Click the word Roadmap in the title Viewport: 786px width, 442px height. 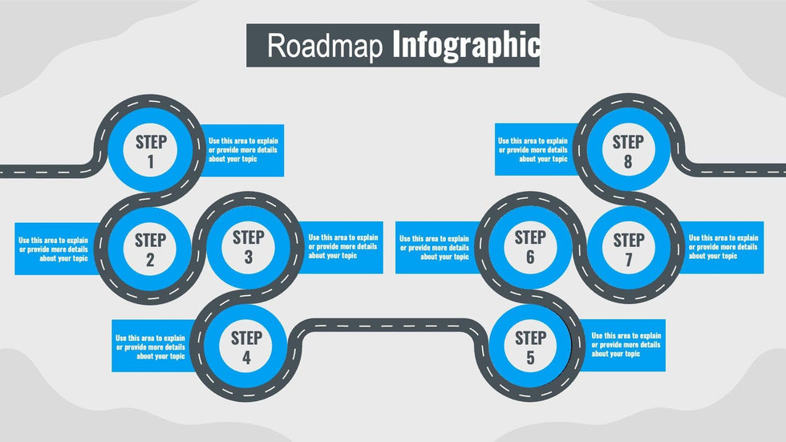coord(325,46)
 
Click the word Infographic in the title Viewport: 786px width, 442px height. coord(466,46)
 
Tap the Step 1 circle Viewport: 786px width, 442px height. coord(151,150)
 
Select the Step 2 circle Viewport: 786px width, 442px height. coord(150,249)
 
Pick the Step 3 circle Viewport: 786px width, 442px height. coord(248,246)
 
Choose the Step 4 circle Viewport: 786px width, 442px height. coord(245,347)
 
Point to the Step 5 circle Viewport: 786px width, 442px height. coord(530,347)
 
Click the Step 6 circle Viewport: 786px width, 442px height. coord(530,246)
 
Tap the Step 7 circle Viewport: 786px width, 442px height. coord(629,249)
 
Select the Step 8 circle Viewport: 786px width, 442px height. coord(628,150)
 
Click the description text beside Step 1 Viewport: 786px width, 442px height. coord(243,150)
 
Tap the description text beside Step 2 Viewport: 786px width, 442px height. coord(53,249)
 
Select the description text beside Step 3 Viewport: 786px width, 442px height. coord(343,246)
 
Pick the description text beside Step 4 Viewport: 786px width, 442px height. coord(151,347)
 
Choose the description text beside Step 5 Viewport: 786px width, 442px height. coord(626,345)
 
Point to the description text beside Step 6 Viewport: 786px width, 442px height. coord(434,248)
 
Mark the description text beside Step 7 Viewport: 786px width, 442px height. coord(723,246)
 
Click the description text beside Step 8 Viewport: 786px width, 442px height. coord(533,150)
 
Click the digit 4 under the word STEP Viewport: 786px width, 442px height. coord(246,357)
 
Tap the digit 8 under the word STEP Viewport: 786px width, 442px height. coord(628,161)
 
